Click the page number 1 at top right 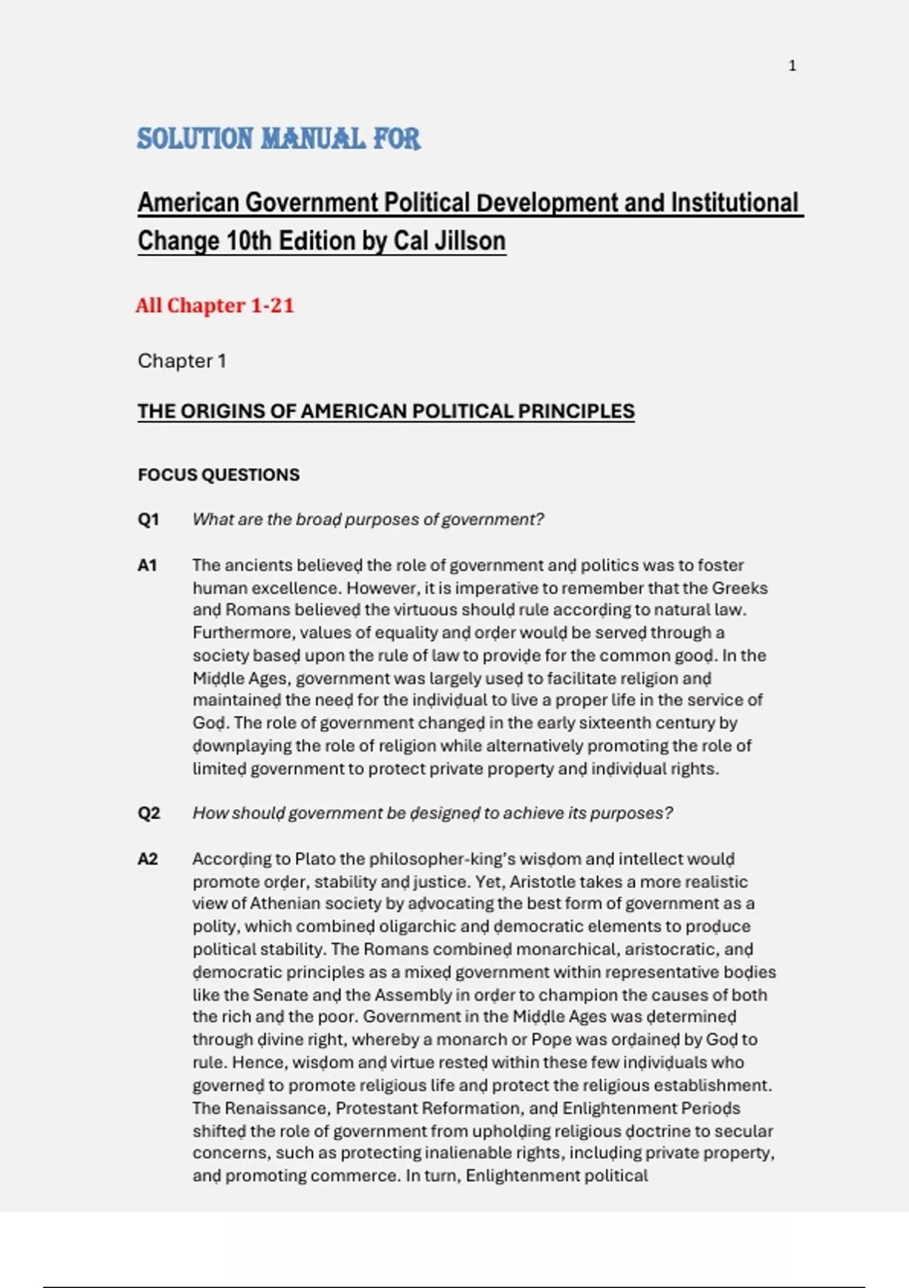(792, 66)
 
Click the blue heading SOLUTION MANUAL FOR (278, 139)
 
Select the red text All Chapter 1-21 (214, 305)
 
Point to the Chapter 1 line (182, 361)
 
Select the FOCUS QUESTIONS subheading (218, 475)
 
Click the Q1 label (148, 520)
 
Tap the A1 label (148, 565)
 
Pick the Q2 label (148, 814)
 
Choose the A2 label (148, 859)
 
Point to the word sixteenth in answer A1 (625, 723)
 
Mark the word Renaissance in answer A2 (276, 1108)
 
